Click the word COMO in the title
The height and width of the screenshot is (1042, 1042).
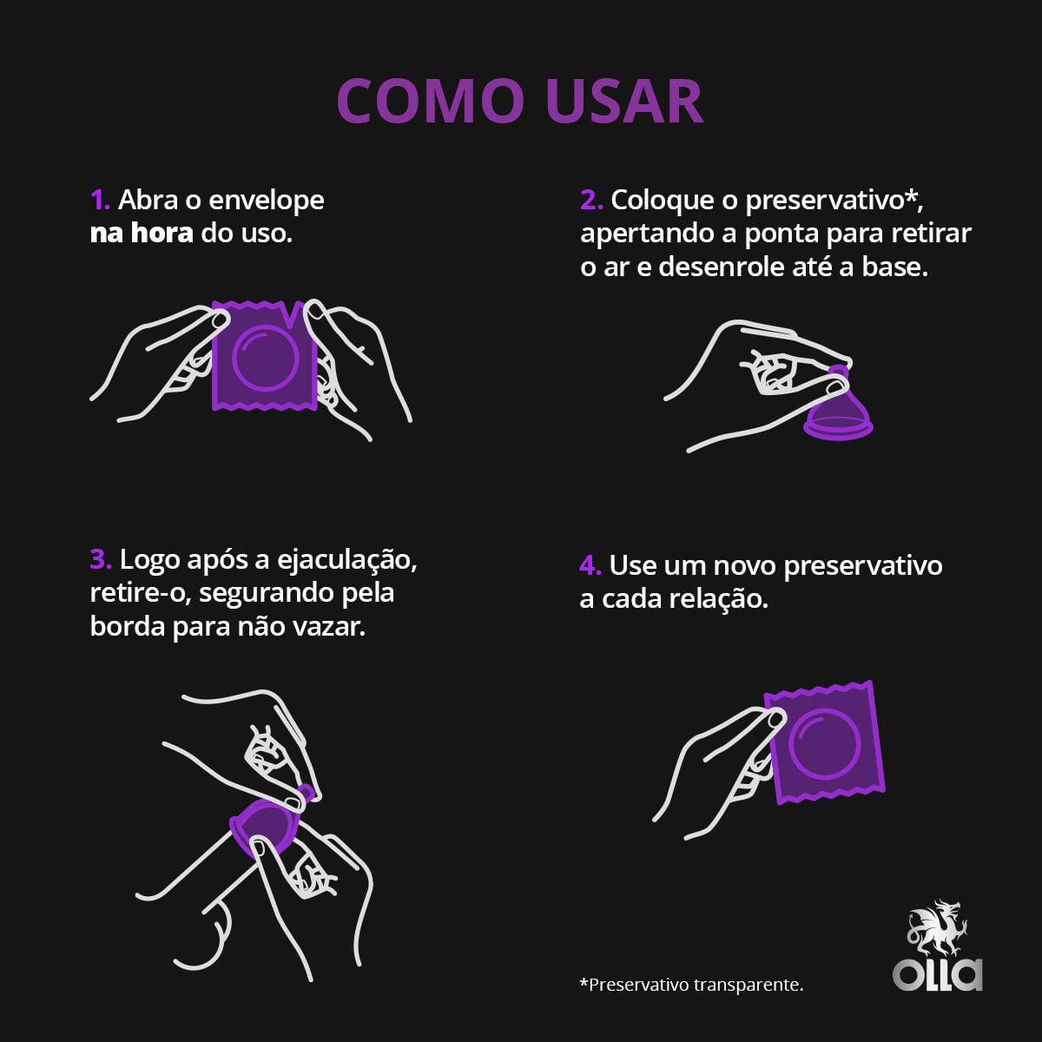pyautogui.click(x=431, y=101)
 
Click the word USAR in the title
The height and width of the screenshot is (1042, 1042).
pyautogui.click(x=624, y=101)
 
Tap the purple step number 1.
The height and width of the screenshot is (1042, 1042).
pyautogui.click(x=100, y=200)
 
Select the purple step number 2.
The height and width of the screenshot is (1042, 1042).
pyautogui.click(x=591, y=200)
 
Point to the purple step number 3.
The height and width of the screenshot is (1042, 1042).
pyautogui.click(x=101, y=560)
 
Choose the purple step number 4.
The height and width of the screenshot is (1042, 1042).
pyautogui.click(x=590, y=566)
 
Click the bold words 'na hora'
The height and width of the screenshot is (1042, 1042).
pyautogui.click(x=142, y=234)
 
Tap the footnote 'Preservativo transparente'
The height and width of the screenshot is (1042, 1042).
pyautogui.click(x=696, y=985)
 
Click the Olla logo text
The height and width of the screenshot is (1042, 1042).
pyautogui.click(x=937, y=975)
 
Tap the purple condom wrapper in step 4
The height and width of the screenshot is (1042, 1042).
pyautogui.click(x=825, y=743)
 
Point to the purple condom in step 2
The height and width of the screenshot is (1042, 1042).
pyautogui.click(x=837, y=409)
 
